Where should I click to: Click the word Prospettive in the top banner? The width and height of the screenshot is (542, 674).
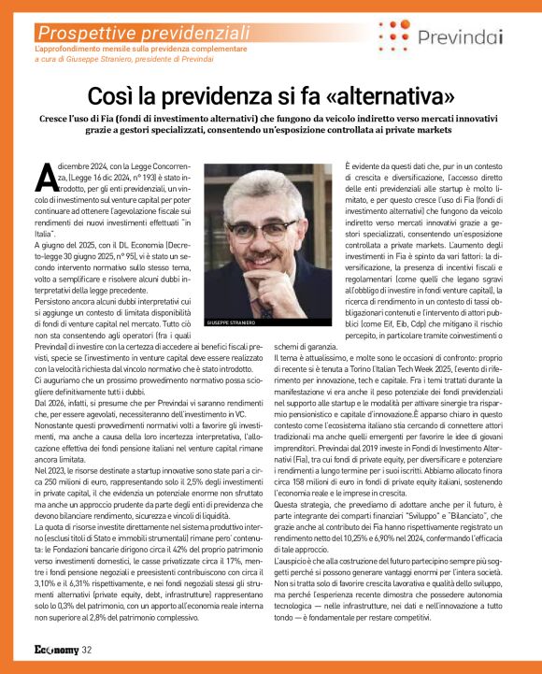81,33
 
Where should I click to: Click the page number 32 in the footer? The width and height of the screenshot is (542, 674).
86,649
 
